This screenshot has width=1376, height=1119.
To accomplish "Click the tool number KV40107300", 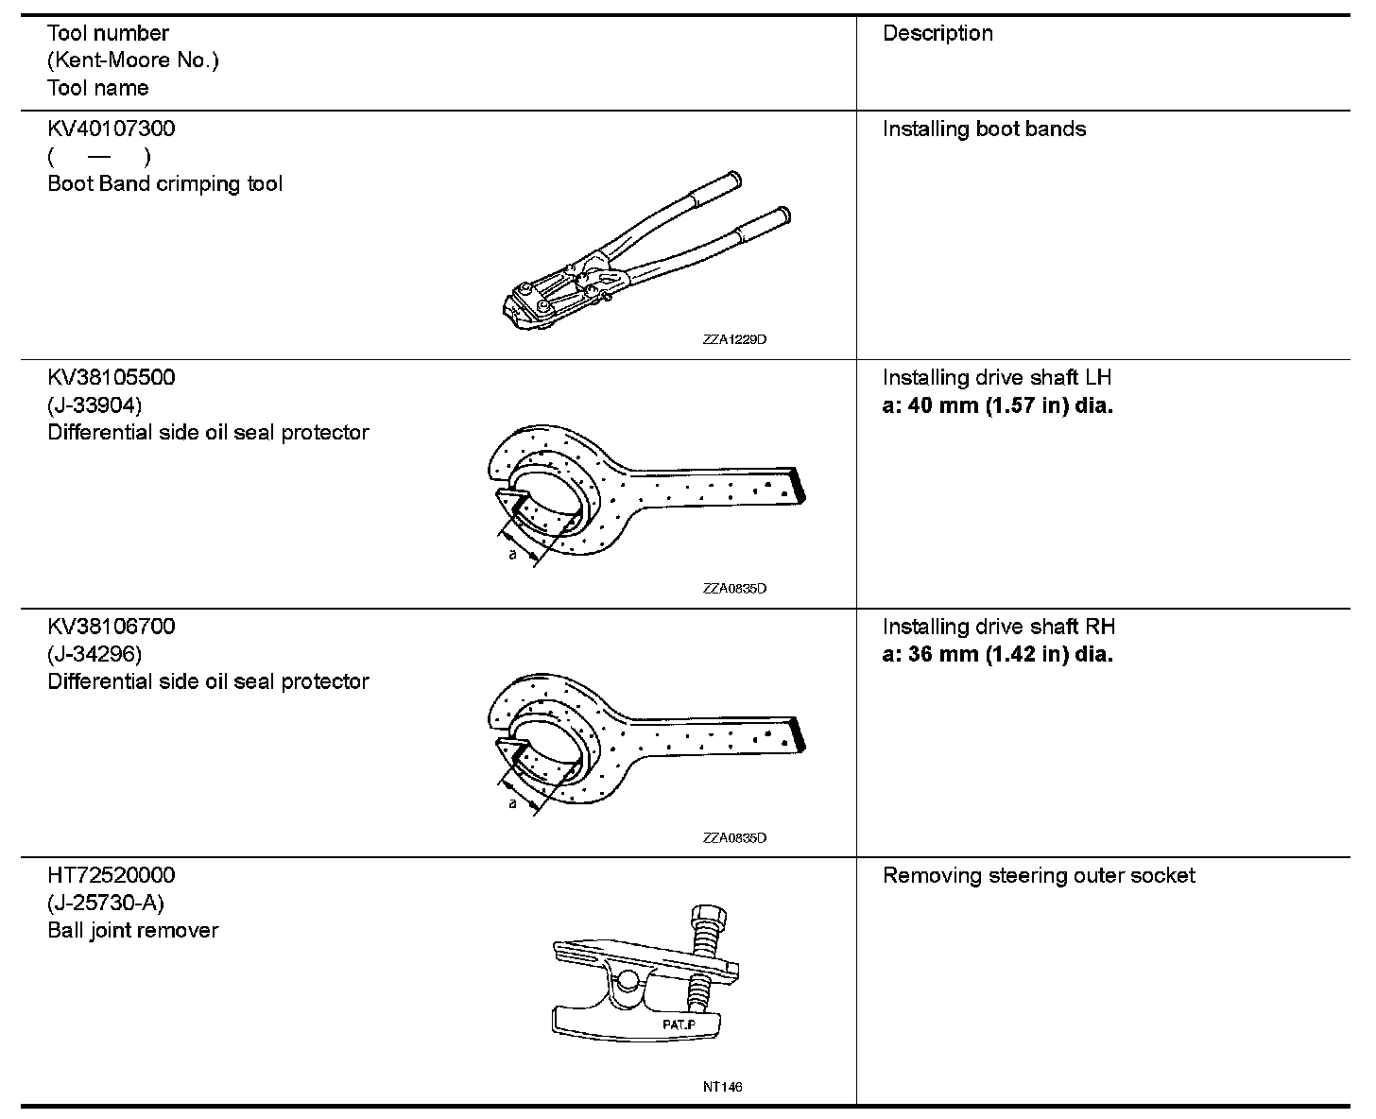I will pos(111,129).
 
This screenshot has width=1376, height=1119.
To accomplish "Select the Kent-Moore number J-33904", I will pos(95,405).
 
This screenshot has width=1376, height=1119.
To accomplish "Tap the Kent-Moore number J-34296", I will pos(95,654).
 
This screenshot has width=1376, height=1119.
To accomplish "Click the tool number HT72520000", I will pos(111,875).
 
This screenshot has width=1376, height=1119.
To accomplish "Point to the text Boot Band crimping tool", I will pos(164,183).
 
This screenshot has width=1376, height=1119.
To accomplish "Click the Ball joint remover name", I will pos(132,930).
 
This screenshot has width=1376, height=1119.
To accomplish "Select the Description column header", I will pos(937,33).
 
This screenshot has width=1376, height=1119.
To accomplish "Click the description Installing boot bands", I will pos(984,129).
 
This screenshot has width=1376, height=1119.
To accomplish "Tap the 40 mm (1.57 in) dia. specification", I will pos(997,405).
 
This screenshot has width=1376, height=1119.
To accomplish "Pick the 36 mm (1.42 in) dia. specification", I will pos(997,654).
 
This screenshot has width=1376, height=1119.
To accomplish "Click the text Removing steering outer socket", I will pos(1038,875).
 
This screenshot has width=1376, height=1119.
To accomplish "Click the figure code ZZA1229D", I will pos(734,339).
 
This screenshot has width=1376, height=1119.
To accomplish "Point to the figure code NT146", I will pos(722,1087).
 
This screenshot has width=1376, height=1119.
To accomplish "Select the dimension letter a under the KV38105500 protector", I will pos(512,555).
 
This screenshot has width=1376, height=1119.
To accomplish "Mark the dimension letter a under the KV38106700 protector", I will pos(512,803).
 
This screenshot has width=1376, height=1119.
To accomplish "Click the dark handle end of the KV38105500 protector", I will pos(799,483).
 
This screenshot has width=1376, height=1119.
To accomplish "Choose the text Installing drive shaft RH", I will pos(998,627).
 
